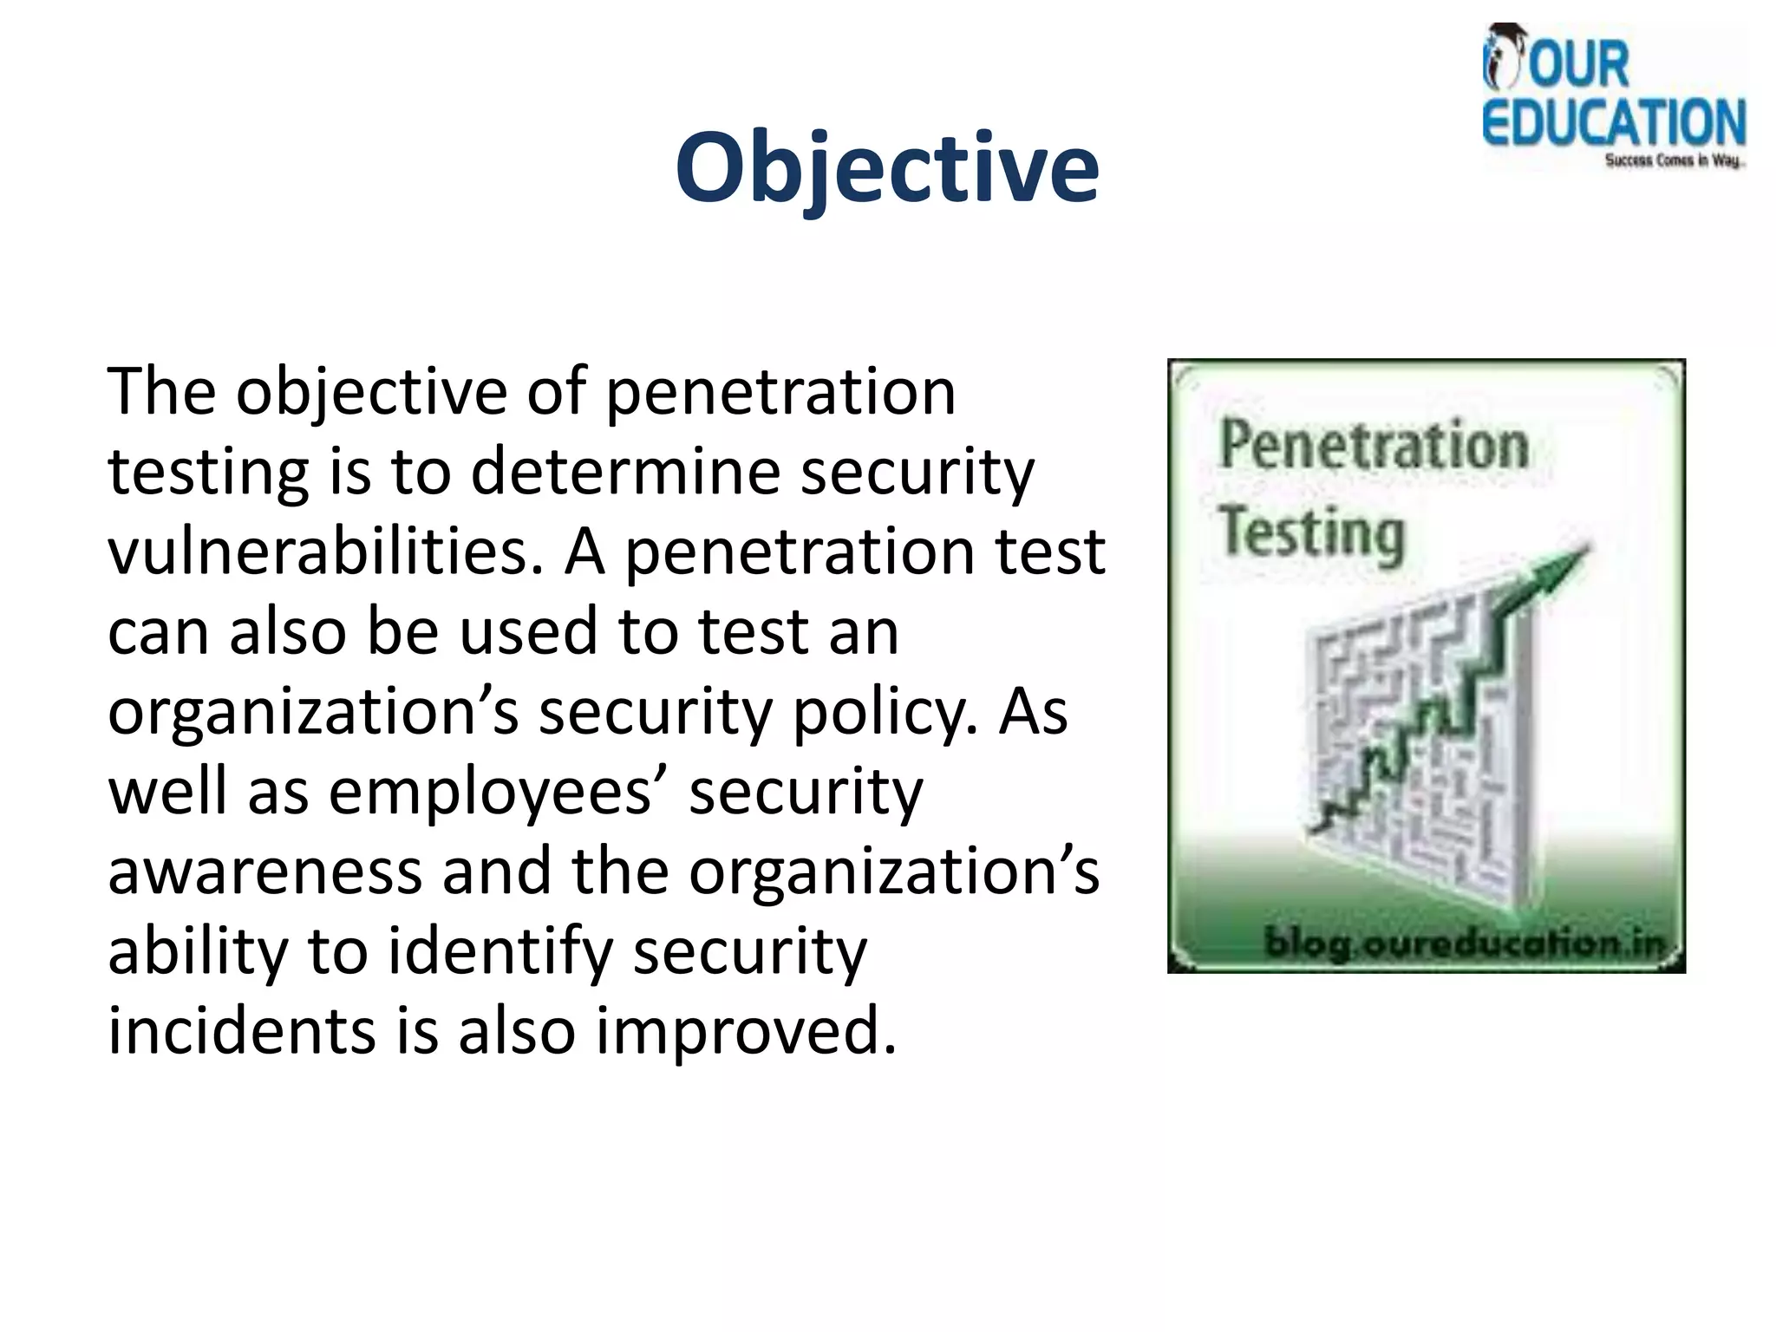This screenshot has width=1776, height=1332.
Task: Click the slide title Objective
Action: [886, 166]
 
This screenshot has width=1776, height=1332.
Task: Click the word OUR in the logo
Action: [1578, 64]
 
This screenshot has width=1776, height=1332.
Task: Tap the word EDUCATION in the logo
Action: [1613, 122]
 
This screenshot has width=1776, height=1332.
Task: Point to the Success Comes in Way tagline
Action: [1674, 160]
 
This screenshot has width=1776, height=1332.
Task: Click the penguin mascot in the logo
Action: [1504, 57]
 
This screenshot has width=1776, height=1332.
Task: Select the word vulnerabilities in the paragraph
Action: [325, 552]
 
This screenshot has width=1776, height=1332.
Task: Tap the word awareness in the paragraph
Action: [264, 872]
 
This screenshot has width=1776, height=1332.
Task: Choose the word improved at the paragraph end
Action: [745, 1031]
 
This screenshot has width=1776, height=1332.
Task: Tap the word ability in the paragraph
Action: [197, 952]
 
